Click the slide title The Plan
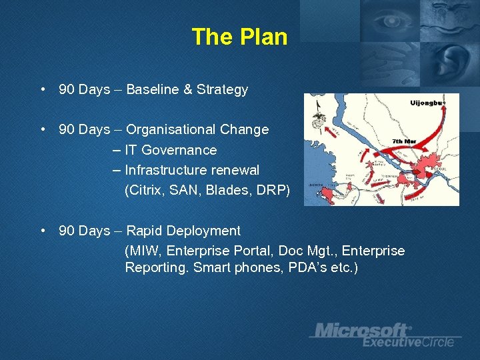239,37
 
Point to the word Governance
179,150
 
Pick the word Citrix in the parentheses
145,190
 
